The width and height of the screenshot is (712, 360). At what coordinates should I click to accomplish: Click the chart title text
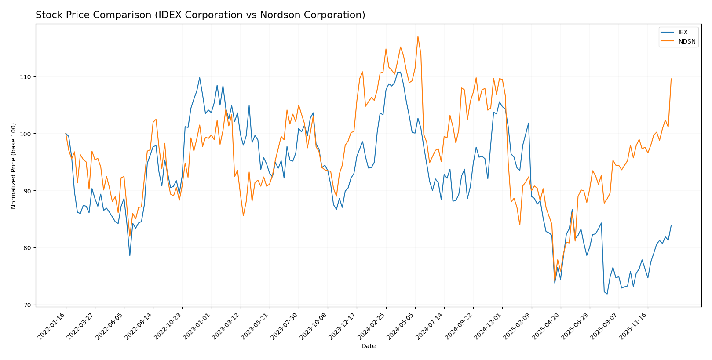200,15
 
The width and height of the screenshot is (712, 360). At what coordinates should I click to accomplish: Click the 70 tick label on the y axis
27,305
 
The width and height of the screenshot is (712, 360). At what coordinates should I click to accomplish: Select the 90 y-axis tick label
27,191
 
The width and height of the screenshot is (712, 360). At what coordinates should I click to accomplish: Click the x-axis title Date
368,346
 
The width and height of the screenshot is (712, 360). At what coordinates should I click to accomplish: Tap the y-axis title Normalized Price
14,166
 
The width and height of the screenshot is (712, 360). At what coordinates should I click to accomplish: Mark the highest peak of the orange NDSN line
418,36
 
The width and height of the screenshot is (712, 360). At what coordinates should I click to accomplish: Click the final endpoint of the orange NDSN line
671,79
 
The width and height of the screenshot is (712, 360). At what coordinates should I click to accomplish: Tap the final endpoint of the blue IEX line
671,225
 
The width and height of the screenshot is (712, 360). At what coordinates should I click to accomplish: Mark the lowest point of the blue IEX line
607,294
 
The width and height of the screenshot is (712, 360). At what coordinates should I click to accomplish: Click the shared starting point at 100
66,134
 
